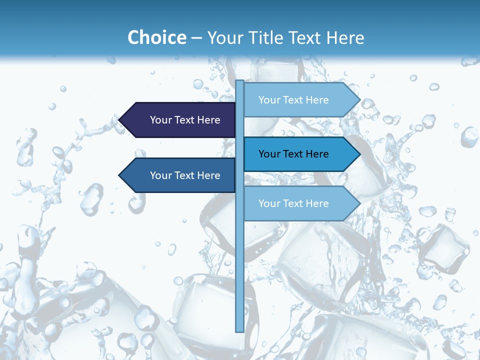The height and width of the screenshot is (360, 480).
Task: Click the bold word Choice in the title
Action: click(156, 38)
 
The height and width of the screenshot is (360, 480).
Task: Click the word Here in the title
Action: click(345, 38)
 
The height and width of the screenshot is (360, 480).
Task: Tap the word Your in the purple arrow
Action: click(160, 120)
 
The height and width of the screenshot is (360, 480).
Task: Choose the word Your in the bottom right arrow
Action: click(269, 203)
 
